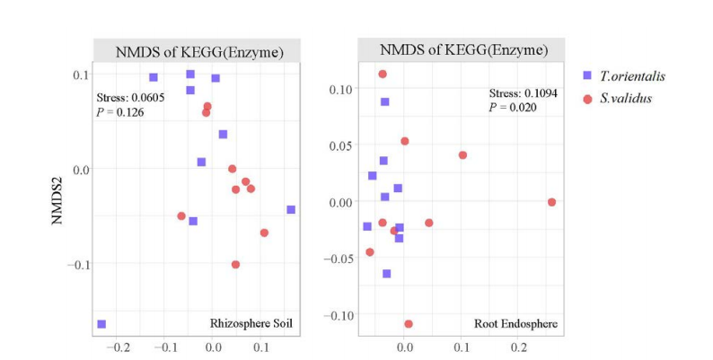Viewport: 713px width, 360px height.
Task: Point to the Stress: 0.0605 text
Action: tap(131, 97)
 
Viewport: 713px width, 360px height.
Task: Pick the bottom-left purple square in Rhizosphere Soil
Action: tap(101, 324)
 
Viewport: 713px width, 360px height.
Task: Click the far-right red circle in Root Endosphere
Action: tap(551, 202)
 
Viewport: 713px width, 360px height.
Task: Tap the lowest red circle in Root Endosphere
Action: tap(409, 324)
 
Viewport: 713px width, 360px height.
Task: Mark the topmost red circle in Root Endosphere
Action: tap(383, 75)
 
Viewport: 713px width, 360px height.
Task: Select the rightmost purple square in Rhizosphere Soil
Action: tap(291, 209)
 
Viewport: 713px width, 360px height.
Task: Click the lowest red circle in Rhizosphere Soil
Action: tap(235, 265)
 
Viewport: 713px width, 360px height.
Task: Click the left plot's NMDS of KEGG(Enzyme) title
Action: tap(199, 52)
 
